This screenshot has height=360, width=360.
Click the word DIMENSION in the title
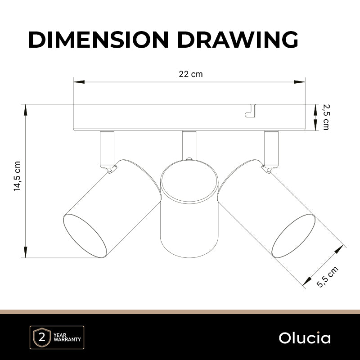pos(99,40)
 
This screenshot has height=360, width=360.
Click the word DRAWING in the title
pos(238,40)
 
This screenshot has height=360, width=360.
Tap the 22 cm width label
pos(191,74)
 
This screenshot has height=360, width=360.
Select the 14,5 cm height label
pos(17,176)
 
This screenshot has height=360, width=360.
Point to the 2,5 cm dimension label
pos(326,117)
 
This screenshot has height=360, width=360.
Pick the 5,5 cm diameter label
pos(328,277)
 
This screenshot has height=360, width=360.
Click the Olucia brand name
pos(305,338)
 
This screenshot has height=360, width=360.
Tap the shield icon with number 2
pos(42,337)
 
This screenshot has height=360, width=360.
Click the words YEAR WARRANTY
pos(67,337)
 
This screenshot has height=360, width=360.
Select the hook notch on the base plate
pos(251,111)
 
